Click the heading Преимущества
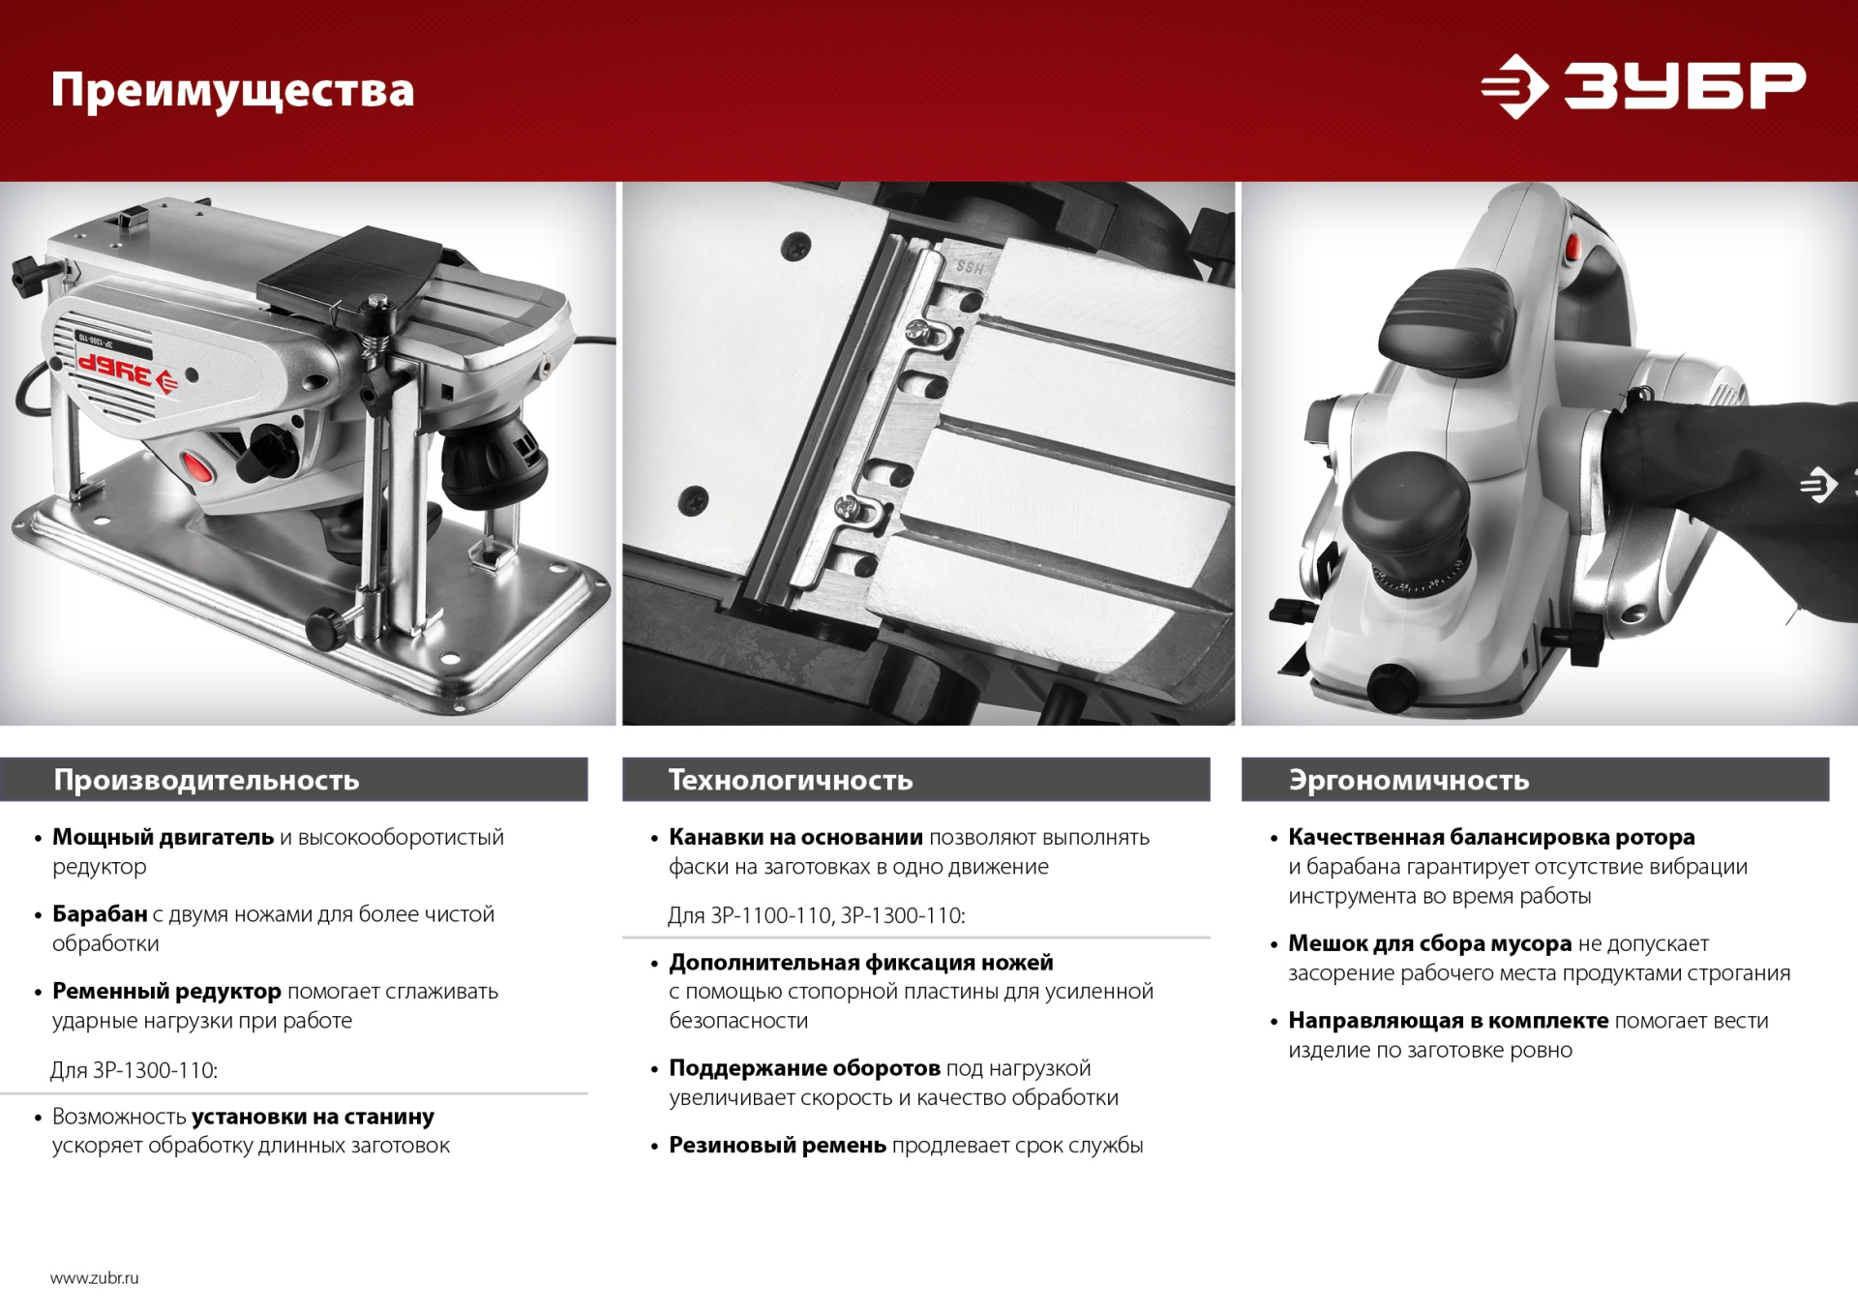click(x=232, y=91)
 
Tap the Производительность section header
click(x=206, y=780)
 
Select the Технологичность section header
click(x=791, y=780)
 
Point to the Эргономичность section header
click(x=1408, y=780)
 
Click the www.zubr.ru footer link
click(x=95, y=1278)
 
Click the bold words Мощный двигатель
click(x=163, y=837)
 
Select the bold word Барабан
click(x=100, y=914)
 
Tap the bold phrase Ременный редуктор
click(x=166, y=992)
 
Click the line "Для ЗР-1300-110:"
click(x=135, y=1070)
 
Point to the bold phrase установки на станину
click(x=313, y=1117)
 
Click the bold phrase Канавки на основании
click(x=795, y=837)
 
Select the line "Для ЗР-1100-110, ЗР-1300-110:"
click(x=816, y=915)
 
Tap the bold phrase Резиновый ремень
click(x=777, y=1146)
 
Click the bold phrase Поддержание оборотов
click(x=804, y=1068)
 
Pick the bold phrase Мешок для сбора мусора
click(x=1429, y=943)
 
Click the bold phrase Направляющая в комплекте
click(x=1448, y=1021)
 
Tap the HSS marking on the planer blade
click(x=970, y=268)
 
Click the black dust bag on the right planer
click(x=1732, y=493)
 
